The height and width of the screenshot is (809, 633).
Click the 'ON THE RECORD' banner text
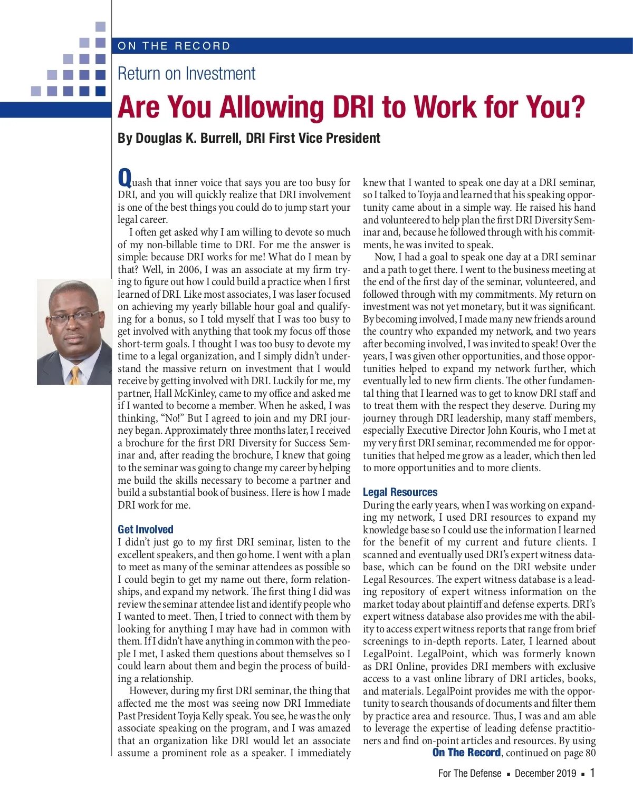tap(174, 46)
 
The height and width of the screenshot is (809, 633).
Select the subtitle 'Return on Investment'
tap(186, 73)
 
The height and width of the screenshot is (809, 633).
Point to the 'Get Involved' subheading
tap(146, 529)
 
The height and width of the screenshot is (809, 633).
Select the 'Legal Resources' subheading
tap(400, 492)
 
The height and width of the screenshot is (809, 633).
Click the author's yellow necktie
tap(75, 376)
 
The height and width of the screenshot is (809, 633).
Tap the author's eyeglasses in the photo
tap(74, 318)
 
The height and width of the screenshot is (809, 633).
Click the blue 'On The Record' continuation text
tap(466, 753)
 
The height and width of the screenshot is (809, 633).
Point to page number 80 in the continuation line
tap(590, 753)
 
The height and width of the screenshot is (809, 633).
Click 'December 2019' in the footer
tap(545, 773)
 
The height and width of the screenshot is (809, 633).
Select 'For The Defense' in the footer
tap(469, 773)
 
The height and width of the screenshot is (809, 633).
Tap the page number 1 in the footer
tap(592, 773)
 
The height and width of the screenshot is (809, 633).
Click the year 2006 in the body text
tap(188, 269)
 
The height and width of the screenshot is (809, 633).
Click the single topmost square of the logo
tap(101, 26)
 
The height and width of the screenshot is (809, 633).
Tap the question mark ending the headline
tap(578, 108)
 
